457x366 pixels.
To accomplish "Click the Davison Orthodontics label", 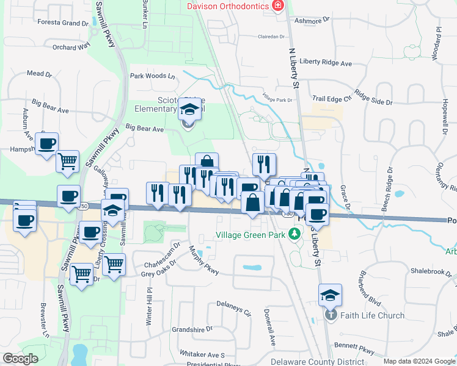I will tap(227, 6).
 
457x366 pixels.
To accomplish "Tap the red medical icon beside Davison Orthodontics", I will tap(278, 5).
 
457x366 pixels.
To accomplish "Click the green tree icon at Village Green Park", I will tap(294, 234).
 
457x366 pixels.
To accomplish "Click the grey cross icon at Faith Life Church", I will tap(331, 315).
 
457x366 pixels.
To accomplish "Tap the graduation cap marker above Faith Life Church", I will tap(330, 295).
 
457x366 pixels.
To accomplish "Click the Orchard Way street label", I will tap(71, 46).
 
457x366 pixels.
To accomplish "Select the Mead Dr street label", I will tap(40, 74).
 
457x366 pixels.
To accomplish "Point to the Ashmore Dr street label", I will tap(311, 19).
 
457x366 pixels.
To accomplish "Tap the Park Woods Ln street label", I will tap(152, 76).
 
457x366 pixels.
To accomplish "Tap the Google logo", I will tap(20, 359).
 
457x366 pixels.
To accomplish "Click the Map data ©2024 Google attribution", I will tap(419, 361).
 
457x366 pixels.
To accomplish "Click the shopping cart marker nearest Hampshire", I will tap(67, 162).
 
